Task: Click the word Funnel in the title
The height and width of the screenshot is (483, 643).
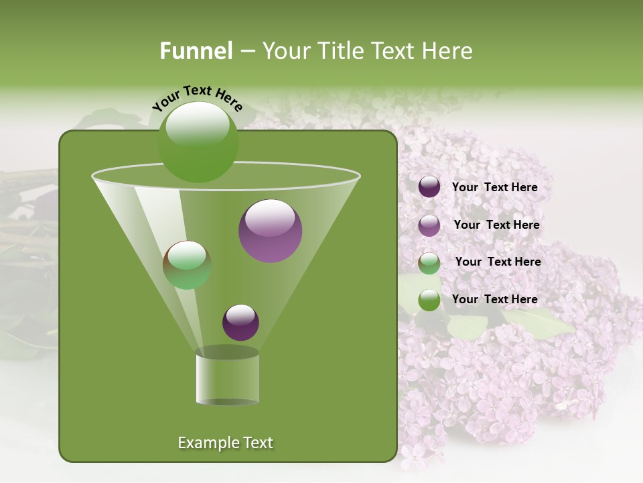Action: tap(196, 51)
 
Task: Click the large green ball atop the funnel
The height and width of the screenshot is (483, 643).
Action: tap(198, 142)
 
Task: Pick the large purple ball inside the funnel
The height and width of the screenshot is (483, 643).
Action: tap(270, 231)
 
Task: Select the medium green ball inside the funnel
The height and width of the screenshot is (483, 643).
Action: tap(187, 265)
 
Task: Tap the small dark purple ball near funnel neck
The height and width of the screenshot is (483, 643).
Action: tap(240, 322)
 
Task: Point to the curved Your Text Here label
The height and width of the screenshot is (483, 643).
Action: tap(197, 99)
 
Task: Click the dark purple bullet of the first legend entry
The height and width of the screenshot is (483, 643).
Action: tap(429, 187)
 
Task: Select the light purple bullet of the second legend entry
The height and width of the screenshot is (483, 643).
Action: tap(429, 225)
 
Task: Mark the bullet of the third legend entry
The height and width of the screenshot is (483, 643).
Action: tap(429, 262)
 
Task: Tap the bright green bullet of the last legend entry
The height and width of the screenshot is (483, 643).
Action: tap(429, 300)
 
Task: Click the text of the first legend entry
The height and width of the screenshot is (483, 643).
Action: tap(494, 187)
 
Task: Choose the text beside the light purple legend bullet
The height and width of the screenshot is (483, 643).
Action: tap(496, 225)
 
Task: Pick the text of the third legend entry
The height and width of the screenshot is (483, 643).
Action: tap(498, 262)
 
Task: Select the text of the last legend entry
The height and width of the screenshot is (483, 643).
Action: tap(494, 299)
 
